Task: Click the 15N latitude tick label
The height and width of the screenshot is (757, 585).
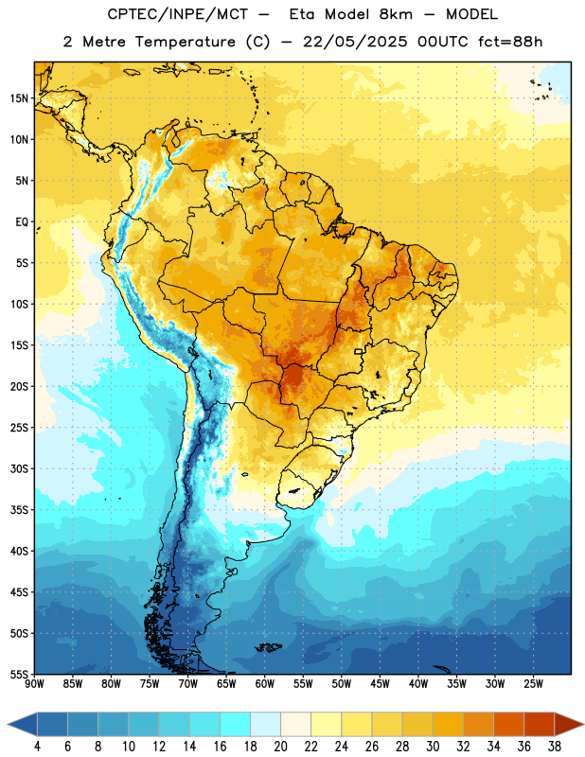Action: [19, 98]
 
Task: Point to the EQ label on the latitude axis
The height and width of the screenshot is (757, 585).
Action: [22, 222]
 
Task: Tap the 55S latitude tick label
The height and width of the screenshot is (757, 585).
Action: [19, 674]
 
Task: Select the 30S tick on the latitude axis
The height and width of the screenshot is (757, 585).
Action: [19, 468]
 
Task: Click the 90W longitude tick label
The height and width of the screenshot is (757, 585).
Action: [34, 684]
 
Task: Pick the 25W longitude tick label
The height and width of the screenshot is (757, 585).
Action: [533, 684]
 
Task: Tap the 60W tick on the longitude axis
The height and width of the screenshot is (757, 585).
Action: [265, 684]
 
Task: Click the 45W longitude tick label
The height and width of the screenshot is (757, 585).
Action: [380, 684]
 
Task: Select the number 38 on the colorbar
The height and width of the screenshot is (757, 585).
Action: [555, 747]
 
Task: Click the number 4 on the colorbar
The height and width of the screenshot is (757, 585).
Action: [37, 747]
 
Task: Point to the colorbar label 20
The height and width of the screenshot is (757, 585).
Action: [280, 747]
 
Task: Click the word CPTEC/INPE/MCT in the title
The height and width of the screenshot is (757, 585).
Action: [178, 14]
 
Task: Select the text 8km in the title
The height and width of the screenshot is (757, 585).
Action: [396, 14]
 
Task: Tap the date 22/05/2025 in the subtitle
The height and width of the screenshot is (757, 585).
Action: [355, 42]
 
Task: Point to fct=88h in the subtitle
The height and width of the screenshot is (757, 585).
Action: [510, 42]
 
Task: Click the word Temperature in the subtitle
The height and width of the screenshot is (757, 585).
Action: [185, 42]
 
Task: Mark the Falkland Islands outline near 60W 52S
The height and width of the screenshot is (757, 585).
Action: [268, 647]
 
